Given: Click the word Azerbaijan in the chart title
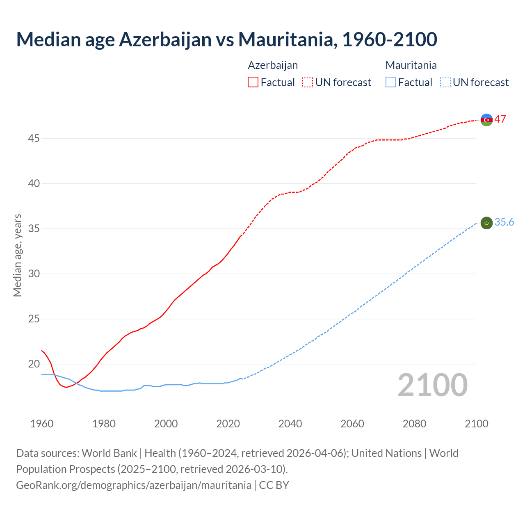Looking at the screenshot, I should pos(165,39).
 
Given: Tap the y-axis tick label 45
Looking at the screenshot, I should pos(34,139).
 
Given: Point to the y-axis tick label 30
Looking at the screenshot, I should pos(34,274).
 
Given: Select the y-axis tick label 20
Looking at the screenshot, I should pos(34,364).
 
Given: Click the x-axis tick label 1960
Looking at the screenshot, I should pos(42,424).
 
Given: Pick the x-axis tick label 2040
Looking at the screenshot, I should pos(290,424).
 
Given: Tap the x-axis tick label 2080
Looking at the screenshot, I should pos(414,424).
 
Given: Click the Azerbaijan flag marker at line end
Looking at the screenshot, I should pos(486,120).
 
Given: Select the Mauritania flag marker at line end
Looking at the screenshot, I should pos(486,223).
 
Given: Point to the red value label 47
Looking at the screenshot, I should pos(500,119).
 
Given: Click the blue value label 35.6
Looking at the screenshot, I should pos(504,222).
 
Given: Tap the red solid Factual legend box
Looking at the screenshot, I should pos(253,82).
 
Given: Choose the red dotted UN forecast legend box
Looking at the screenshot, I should pos(308,82).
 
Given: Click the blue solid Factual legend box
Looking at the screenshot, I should pos(391,82).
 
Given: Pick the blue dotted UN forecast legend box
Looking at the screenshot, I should pos(445,82).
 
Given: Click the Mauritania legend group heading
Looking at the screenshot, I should pos(411,65).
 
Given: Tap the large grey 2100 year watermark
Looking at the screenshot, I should pos(432,385).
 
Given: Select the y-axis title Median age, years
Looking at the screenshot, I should pos(17,255).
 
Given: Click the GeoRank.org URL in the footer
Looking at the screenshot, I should pos(133,485).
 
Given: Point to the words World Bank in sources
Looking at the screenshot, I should pos(109,453).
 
